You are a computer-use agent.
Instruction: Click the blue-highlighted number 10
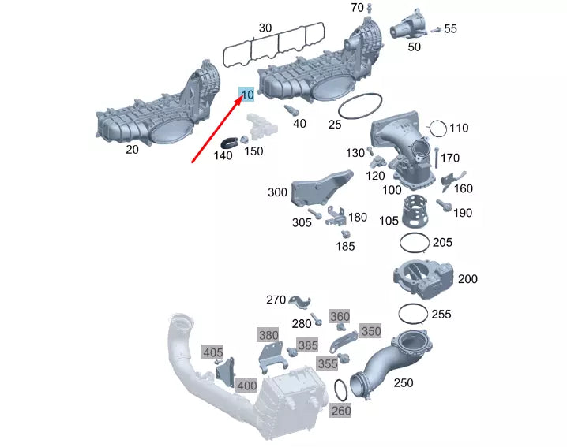pyautogui.click(x=247, y=95)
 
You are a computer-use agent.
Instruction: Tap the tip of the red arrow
pyautogui.click(x=242, y=97)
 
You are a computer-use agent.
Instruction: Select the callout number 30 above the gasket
pyautogui.click(x=265, y=28)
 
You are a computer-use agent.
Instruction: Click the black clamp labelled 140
pyautogui.click(x=228, y=143)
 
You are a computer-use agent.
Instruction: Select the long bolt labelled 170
pyautogui.click(x=437, y=158)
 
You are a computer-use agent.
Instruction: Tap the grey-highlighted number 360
pyautogui.click(x=340, y=317)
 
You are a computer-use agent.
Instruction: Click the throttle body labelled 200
pyautogui.click(x=423, y=279)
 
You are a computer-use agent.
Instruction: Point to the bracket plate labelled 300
pyautogui.click(x=320, y=188)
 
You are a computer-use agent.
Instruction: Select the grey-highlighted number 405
pyautogui.click(x=213, y=352)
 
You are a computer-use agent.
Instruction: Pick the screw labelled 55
pyautogui.click(x=436, y=30)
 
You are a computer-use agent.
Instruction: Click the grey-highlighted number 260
pyautogui.click(x=341, y=411)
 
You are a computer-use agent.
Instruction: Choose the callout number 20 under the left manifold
pyautogui.click(x=132, y=150)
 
